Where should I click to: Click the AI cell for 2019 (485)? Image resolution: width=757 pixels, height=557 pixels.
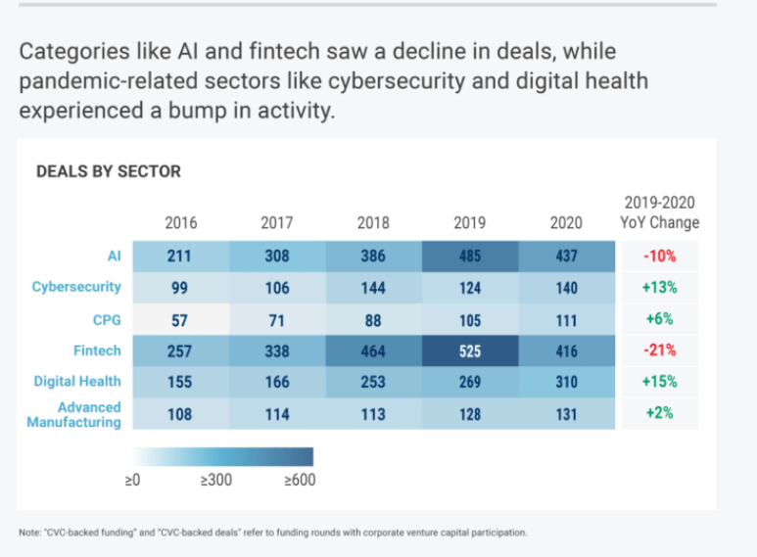click(470, 256)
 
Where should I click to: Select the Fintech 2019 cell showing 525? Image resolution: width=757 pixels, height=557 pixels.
click(470, 349)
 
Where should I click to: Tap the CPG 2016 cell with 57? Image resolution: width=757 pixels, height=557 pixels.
click(180, 318)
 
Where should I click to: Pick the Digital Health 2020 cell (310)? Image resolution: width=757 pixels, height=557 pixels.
click(566, 381)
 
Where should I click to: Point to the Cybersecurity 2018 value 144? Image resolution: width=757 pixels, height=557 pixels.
click(373, 288)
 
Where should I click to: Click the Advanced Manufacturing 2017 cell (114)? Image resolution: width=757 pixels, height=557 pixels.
click(276, 414)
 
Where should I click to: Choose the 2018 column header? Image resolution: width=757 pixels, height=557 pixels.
click(373, 222)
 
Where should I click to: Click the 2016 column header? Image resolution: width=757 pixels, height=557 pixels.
click(180, 222)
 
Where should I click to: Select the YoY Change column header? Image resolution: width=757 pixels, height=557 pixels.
click(659, 212)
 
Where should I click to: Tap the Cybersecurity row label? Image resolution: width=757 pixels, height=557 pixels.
click(76, 287)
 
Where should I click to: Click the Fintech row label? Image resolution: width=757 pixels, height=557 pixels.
click(96, 349)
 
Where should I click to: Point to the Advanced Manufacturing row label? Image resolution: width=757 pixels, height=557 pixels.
click(88, 414)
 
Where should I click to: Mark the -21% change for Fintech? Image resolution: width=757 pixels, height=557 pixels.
click(659, 349)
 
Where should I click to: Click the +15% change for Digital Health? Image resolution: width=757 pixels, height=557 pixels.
click(659, 381)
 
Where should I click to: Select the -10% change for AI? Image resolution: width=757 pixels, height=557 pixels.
click(659, 256)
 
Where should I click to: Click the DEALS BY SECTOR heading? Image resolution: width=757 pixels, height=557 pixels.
click(108, 171)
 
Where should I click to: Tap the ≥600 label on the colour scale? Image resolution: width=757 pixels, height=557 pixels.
click(300, 480)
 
